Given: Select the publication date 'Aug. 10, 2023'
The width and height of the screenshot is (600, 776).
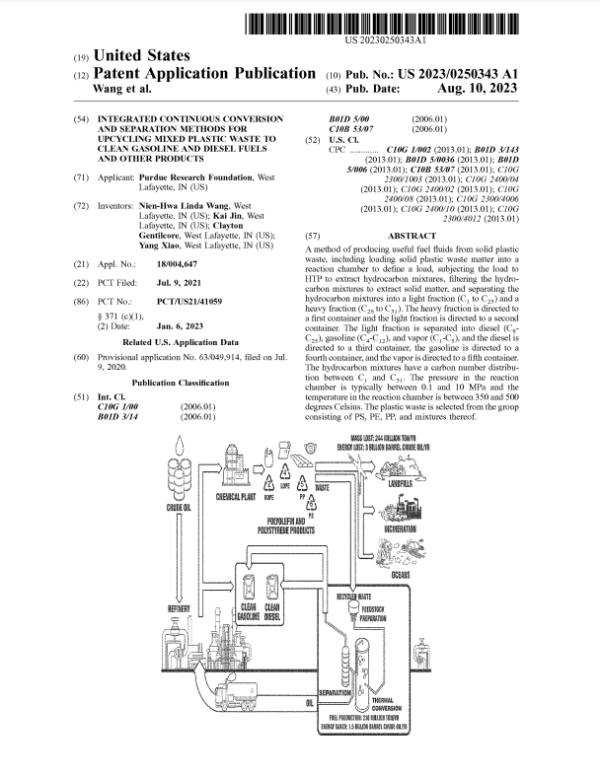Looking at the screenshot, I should coord(476,88).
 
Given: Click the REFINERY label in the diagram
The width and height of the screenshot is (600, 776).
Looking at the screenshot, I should coord(180,609).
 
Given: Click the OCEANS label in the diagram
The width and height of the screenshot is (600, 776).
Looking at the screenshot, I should coord(401,574).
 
